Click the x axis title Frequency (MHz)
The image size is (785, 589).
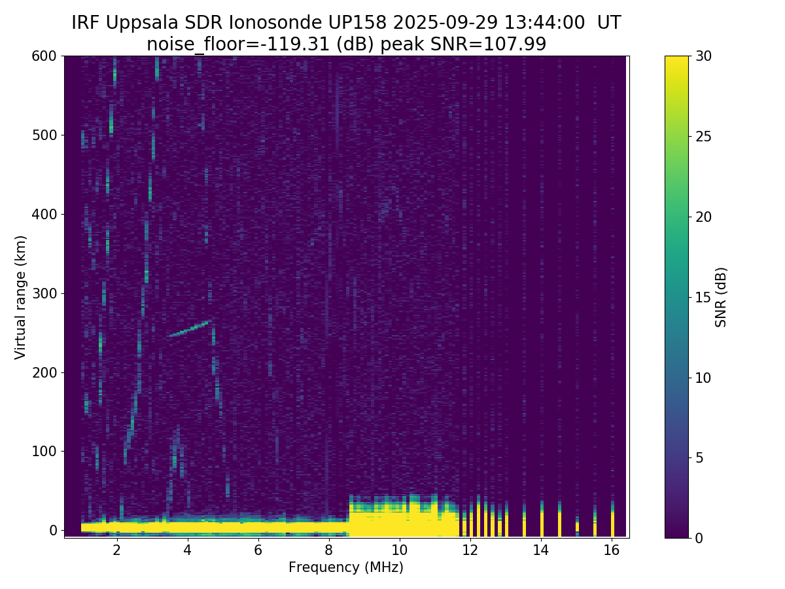point(346,567)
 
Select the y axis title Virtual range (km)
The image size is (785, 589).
point(21,296)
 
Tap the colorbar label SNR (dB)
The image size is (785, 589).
point(721,296)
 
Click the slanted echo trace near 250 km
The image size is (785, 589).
point(190,329)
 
